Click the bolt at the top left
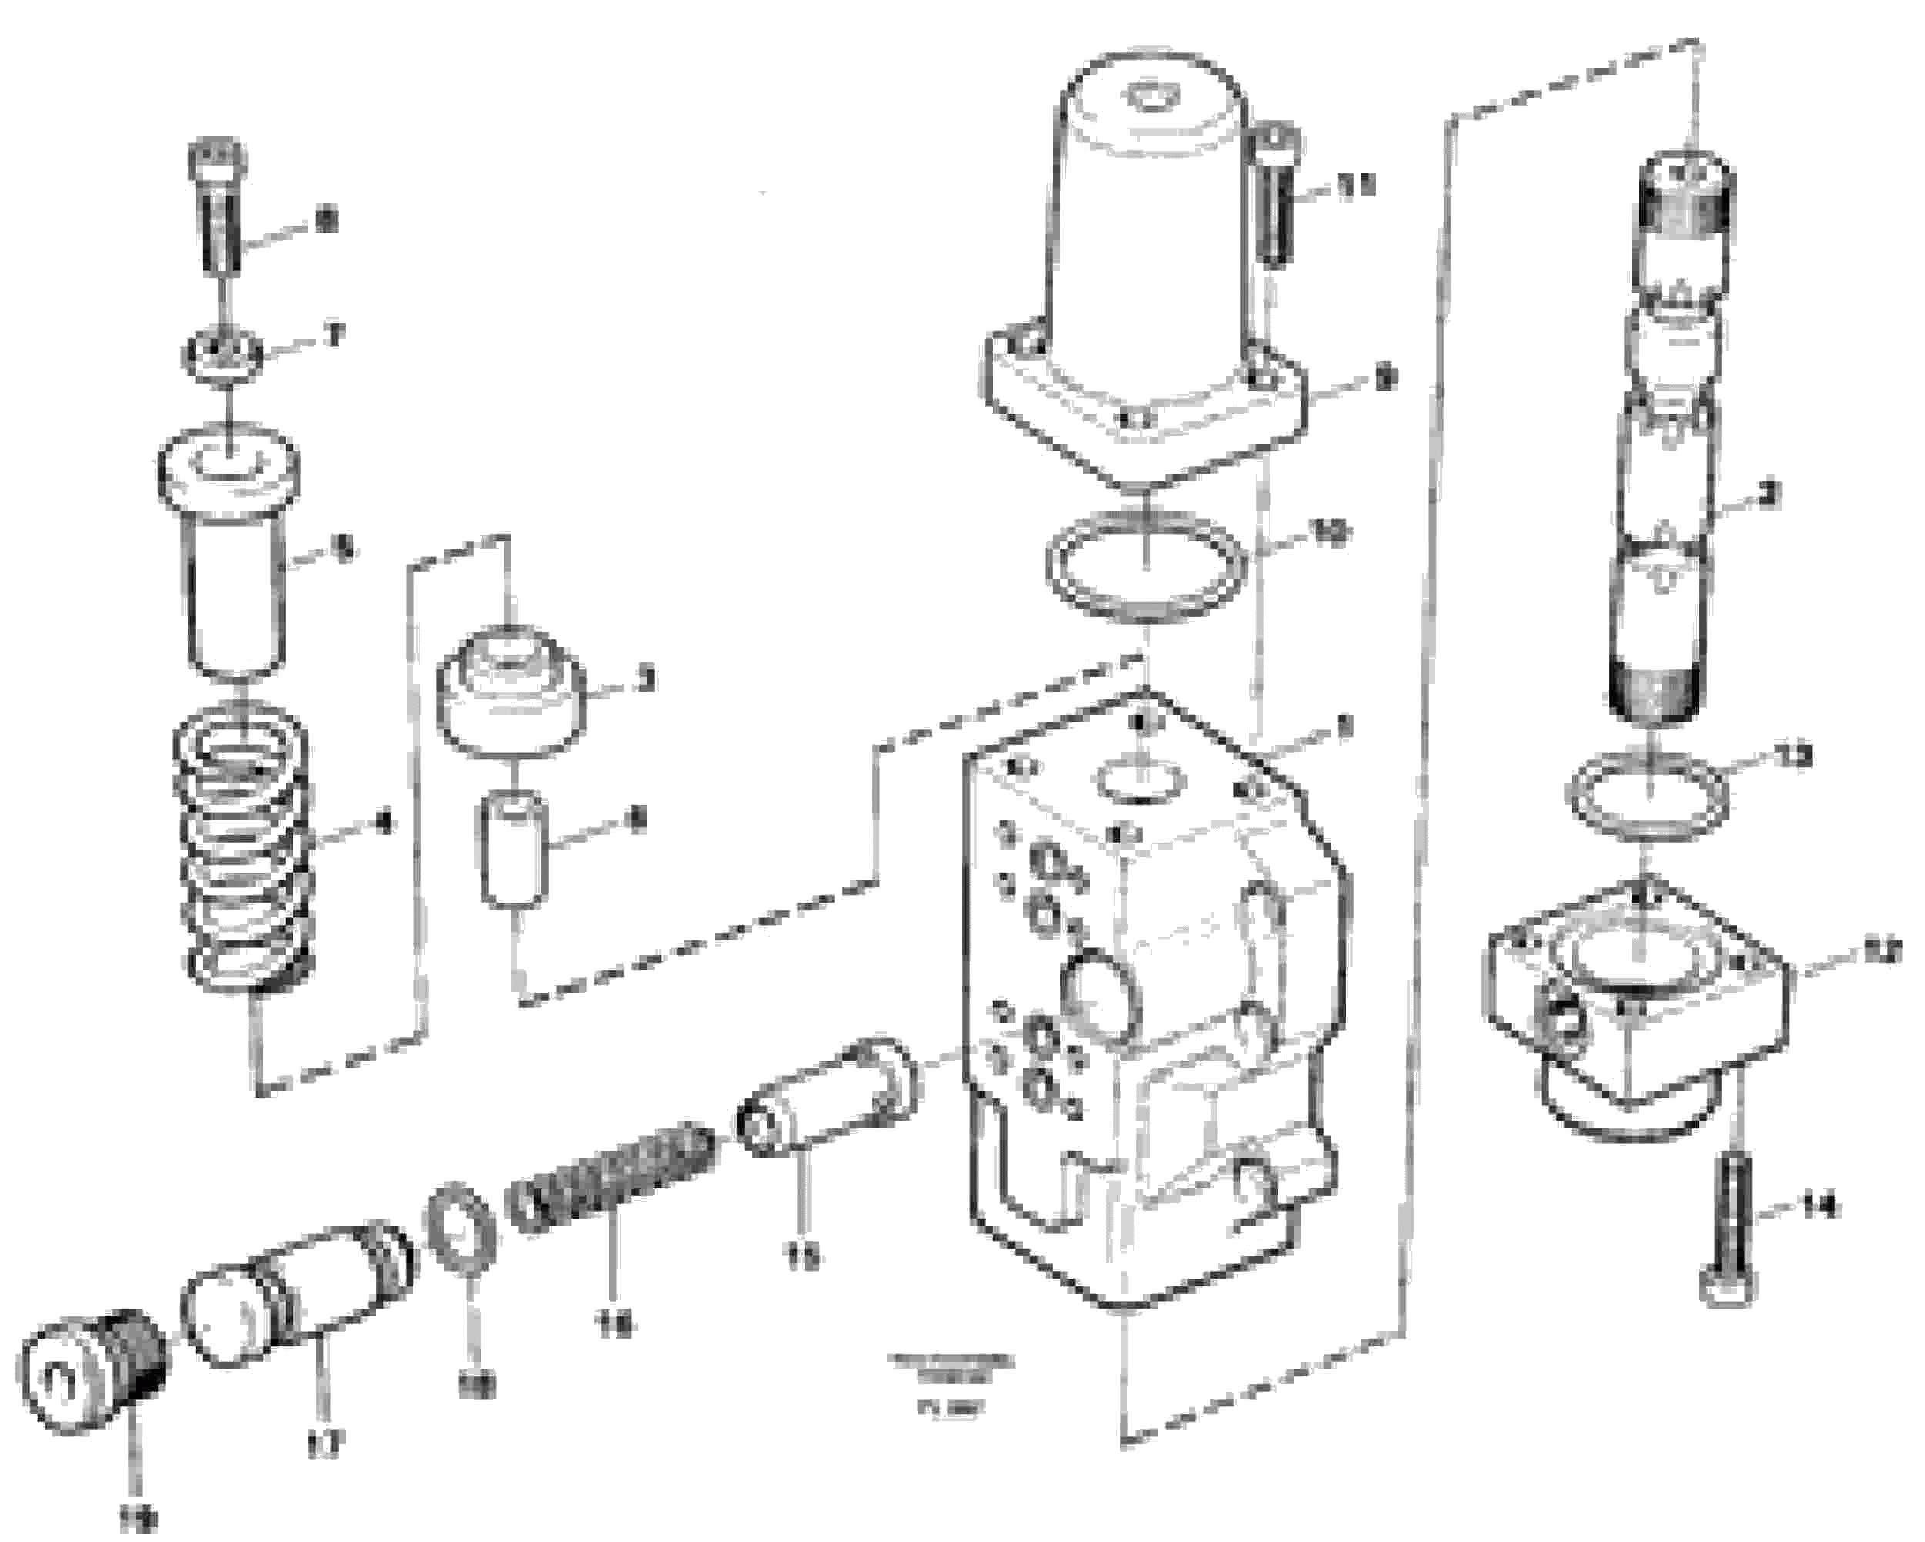pos(215,207)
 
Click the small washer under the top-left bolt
pos(223,355)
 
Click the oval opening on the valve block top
pos(1142,779)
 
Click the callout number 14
pos(1821,1207)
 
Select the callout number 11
pos(1355,186)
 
